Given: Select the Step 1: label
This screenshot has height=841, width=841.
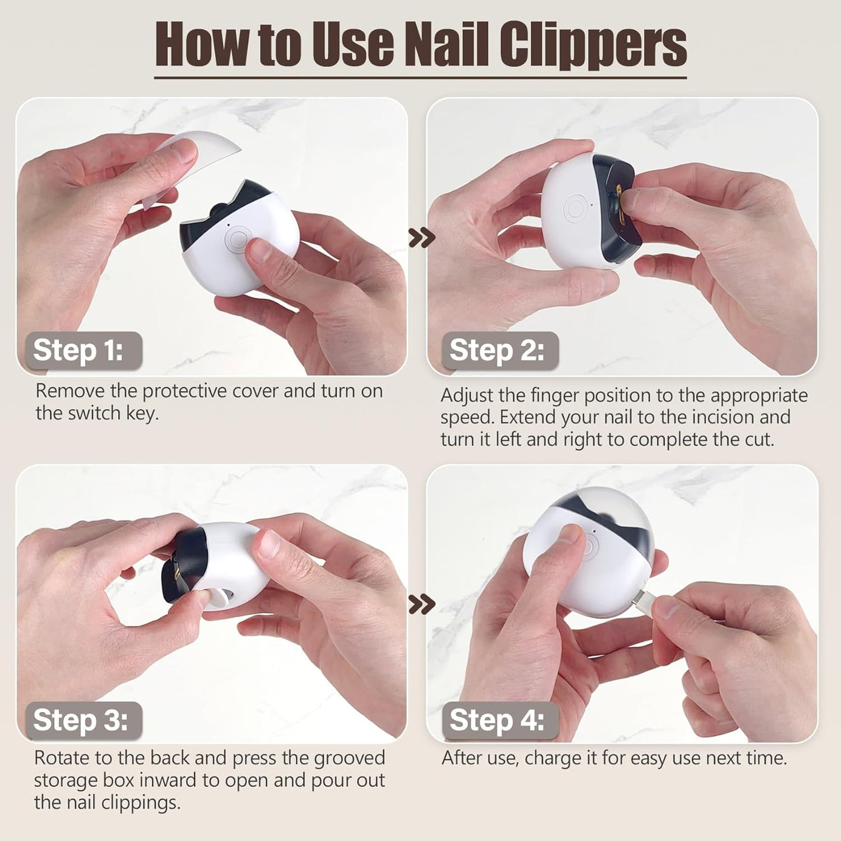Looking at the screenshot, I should [78, 350].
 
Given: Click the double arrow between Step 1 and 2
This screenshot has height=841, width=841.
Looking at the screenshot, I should [422, 237].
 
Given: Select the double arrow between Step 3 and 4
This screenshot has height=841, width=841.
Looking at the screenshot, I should [422, 604].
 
